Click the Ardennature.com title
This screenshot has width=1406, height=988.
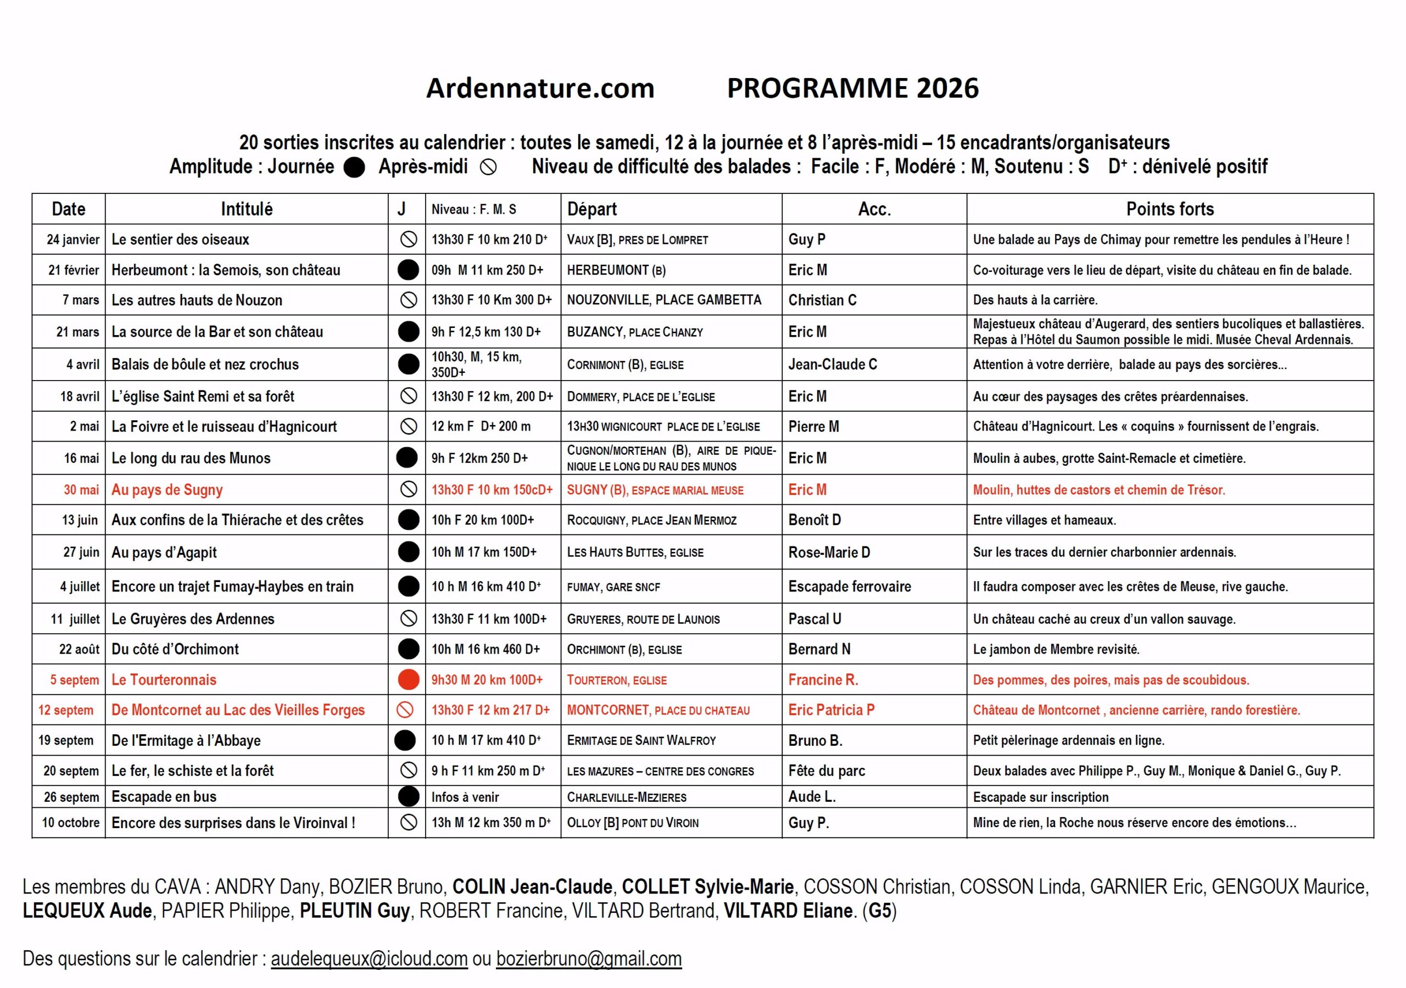(540, 88)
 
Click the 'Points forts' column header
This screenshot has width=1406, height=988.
(1170, 209)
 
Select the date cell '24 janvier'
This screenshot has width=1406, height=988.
(73, 239)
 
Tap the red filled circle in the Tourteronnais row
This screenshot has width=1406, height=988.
(408, 679)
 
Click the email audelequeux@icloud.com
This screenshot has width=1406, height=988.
(369, 958)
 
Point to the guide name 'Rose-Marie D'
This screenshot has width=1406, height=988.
(829, 552)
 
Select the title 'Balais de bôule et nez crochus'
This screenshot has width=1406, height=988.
(205, 365)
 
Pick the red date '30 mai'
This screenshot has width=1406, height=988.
(81, 489)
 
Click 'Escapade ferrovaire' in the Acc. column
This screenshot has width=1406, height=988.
(849, 586)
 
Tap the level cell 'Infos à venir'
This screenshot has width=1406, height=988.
(465, 797)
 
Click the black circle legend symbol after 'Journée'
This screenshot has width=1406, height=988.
(354, 167)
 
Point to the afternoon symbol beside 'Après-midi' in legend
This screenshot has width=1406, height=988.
(488, 167)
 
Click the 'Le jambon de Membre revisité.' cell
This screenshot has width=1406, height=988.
(1056, 649)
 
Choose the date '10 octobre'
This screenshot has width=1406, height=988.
(70, 822)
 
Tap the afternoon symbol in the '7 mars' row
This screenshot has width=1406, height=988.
(408, 300)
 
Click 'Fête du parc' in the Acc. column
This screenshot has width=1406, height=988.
(826, 771)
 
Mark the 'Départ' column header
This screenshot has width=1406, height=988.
(592, 209)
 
